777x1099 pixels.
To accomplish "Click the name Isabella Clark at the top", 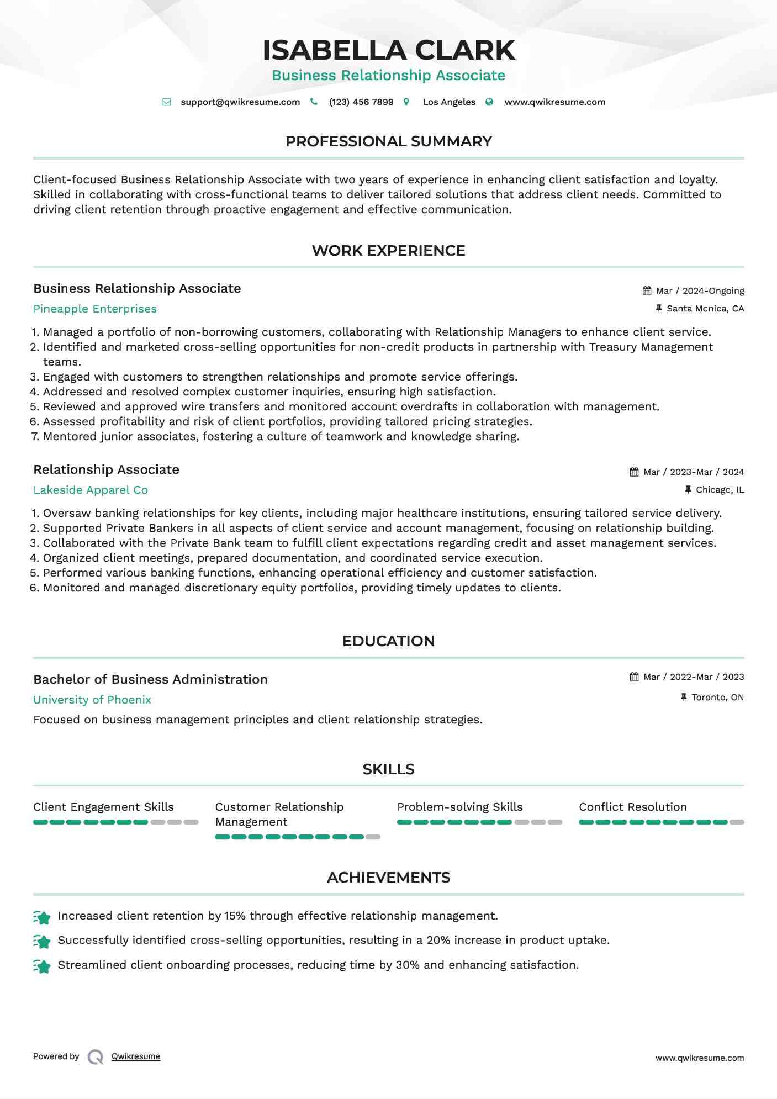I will pos(388,50).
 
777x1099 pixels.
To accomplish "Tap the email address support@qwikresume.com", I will pos(240,102).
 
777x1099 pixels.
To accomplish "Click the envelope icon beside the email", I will pos(166,102).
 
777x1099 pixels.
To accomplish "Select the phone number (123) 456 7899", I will pos(361,102).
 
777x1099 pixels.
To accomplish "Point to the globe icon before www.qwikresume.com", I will pos(489,102).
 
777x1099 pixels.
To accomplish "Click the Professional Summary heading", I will pos(388,141).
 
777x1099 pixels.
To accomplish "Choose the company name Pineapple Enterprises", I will pos(95,309).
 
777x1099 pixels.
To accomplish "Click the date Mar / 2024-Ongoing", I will pos(700,291).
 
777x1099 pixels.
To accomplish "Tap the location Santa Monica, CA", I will pos(705,309).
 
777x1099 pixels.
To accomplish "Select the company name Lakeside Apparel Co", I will pos(91,490).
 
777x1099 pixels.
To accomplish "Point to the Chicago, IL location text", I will pos(720,490).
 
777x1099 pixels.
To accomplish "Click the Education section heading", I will pos(388,641).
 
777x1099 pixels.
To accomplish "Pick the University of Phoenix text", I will pos(92,700).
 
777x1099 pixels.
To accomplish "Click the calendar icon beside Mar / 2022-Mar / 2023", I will pos(634,677).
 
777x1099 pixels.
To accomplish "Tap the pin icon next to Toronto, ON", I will pos(684,698).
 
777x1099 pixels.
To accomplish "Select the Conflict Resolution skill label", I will pos(633,807).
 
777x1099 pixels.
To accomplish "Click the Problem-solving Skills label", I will pos(459,807).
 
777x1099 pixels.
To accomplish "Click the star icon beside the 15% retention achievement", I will pos(42,917).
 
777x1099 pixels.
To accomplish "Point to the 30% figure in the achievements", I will pos(408,965).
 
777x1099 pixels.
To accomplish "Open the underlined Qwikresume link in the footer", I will pos(136,1056).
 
